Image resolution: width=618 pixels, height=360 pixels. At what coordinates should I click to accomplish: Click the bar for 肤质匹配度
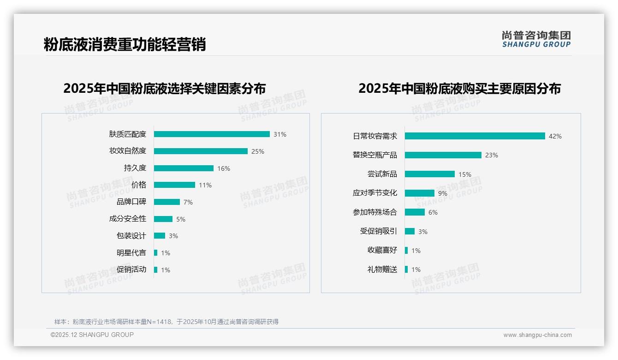point(212,134)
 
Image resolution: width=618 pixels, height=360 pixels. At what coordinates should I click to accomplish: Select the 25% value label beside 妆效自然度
point(257,151)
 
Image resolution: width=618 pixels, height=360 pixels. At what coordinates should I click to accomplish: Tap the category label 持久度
point(135,168)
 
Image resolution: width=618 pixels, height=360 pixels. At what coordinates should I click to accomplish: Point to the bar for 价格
point(174,185)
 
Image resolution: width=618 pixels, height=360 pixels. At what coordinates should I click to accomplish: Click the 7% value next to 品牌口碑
point(188,202)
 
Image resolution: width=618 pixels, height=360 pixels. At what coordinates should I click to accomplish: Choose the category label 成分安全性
point(127,219)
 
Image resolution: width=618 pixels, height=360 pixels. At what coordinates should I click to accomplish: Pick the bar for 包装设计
point(160,236)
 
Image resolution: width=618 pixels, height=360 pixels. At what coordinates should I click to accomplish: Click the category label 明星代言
point(131,253)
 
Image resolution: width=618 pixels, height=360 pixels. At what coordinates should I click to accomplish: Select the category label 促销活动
point(131,270)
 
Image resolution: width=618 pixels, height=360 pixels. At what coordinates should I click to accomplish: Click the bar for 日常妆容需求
point(475,136)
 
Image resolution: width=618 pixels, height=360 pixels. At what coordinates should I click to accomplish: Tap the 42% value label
point(555,136)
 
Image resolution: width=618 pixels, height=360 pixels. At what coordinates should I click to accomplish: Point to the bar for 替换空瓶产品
point(443,155)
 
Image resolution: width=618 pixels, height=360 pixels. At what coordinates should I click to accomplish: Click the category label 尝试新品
point(382,174)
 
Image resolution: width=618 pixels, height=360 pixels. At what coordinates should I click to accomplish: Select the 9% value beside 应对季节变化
point(442,193)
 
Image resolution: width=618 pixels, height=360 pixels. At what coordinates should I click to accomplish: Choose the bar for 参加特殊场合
point(415,212)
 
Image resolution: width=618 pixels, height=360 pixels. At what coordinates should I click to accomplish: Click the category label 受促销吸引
point(378,231)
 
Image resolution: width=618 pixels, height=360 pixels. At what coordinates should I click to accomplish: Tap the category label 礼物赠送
point(382,270)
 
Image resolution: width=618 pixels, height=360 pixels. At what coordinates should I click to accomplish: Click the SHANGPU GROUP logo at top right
point(536,39)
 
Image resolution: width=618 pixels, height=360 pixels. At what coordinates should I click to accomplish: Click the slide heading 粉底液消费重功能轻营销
point(125,45)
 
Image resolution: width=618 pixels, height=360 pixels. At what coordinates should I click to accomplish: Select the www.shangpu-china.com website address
point(537,335)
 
